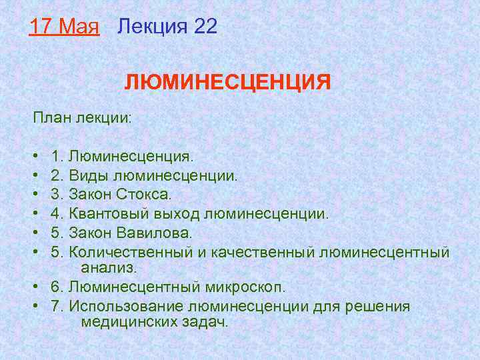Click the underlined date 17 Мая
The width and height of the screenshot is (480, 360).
(64, 27)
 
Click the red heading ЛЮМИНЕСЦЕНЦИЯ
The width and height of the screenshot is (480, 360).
(227, 83)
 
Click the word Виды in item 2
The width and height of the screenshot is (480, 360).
(90, 177)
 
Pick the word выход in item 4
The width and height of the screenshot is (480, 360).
(179, 215)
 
